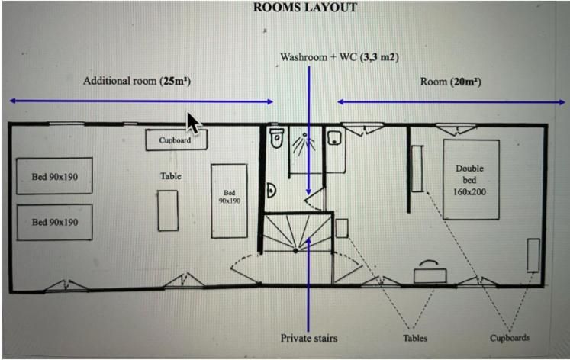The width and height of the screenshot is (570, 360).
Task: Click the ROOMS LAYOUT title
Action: tap(304, 8)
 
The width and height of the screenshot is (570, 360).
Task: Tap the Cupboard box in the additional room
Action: tap(176, 140)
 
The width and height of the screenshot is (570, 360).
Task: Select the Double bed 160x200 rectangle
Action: tap(470, 180)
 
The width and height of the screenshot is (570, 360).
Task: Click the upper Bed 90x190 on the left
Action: tap(55, 177)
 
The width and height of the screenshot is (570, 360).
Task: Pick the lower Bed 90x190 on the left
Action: tap(55, 222)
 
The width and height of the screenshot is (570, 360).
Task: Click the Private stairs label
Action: tap(308, 338)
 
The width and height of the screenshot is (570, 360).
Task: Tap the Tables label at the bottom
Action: tap(415, 338)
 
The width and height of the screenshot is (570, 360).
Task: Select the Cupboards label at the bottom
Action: tap(510, 338)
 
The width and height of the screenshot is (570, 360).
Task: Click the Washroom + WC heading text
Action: tap(340, 57)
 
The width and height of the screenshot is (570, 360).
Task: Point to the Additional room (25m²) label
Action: tap(137, 81)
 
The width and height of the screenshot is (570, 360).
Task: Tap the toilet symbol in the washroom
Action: tap(277, 139)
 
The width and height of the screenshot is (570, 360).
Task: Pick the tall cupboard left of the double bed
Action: tap(417, 169)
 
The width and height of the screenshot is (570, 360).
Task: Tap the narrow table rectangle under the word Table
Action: tap(168, 211)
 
